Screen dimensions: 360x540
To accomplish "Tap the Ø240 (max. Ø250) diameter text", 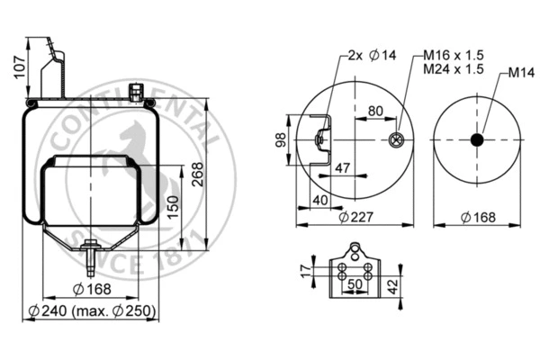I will [92, 311].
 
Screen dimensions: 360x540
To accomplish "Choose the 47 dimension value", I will [342, 167].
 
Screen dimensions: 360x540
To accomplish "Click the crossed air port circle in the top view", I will [394, 139].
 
